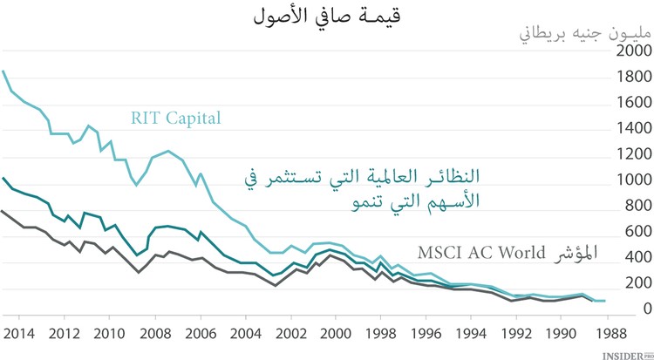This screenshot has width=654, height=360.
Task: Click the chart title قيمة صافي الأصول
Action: (327, 15)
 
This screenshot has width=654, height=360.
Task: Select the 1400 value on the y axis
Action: (632, 129)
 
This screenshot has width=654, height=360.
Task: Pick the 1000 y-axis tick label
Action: (632, 180)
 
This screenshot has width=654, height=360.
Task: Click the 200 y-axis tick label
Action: (636, 284)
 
